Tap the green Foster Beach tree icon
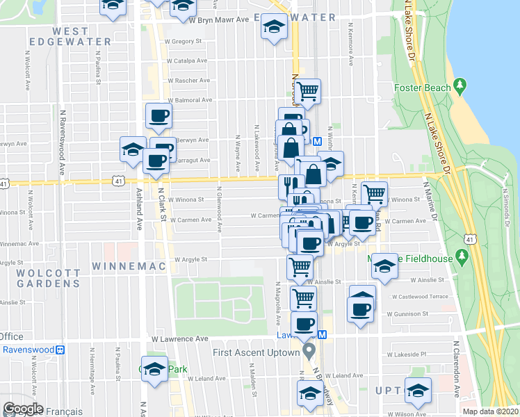(460, 86)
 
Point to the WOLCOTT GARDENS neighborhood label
(40, 278)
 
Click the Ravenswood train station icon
(60, 349)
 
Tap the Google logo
(23, 409)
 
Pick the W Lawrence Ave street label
(179, 338)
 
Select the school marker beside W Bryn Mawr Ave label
(274, 28)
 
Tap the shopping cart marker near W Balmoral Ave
(308, 90)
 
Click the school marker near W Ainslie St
(383, 265)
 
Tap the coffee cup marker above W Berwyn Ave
(159, 115)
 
